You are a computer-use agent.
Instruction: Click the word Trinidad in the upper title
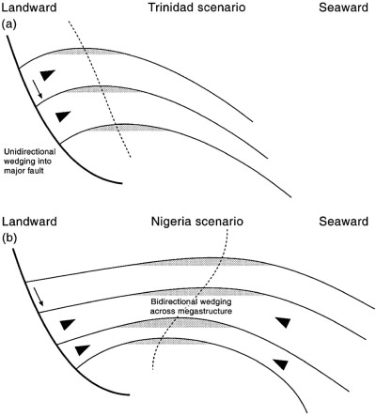pyautogui.click(x=169, y=8)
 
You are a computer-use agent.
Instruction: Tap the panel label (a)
pyautogui.click(x=8, y=24)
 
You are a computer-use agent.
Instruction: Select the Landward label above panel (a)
pyautogui.click(x=29, y=8)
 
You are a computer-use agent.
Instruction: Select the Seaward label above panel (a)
pyautogui.click(x=343, y=8)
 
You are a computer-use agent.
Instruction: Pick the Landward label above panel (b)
pyautogui.click(x=29, y=222)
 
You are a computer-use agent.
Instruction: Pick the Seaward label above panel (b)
pyautogui.click(x=343, y=222)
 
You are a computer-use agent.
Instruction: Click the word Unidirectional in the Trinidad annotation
pyautogui.click(x=30, y=152)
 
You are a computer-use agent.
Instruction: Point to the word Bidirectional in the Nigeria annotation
pyautogui.click(x=174, y=302)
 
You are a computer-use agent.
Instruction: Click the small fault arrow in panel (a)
pyautogui.click(x=38, y=89)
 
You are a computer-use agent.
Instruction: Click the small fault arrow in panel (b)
pyautogui.click(x=39, y=297)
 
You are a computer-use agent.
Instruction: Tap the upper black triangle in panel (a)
pyautogui.click(x=48, y=74)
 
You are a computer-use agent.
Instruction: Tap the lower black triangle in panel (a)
pyautogui.click(x=62, y=116)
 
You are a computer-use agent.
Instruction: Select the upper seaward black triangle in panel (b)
pyautogui.click(x=283, y=322)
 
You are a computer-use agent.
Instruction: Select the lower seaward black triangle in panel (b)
pyautogui.click(x=280, y=364)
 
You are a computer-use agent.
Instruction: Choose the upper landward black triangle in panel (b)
pyautogui.click(x=68, y=325)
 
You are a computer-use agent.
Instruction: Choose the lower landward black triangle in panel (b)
pyautogui.click(x=83, y=350)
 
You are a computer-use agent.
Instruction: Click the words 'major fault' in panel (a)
pyautogui.click(x=23, y=171)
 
